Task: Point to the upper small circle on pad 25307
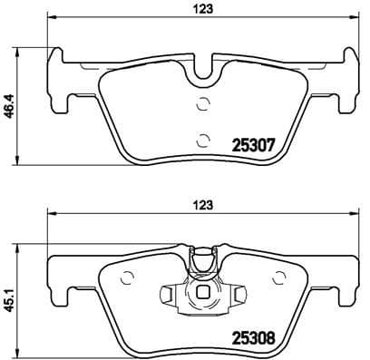pyautogui.click(x=203, y=102)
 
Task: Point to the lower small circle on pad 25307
pyautogui.click(x=203, y=140)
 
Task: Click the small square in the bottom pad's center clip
pyautogui.click(x=204, y=294)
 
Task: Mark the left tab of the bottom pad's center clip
pyautogui.click(x=169, y=294)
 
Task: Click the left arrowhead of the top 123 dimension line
pyautogui.click(x=50, y=19)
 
